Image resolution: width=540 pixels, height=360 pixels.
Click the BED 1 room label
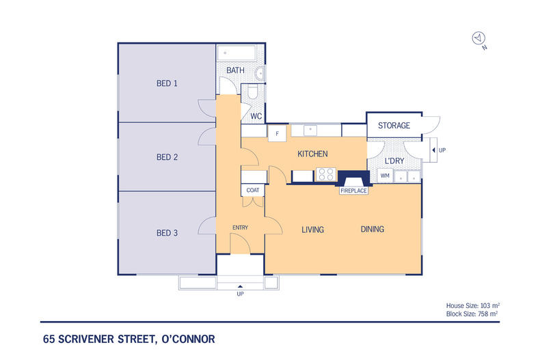[x=167, y=83]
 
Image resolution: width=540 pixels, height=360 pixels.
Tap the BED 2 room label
[x=167, y=157]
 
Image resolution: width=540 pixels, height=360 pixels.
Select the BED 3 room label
[x=167, y=233]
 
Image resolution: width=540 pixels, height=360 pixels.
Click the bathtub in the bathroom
[x=236, y=53]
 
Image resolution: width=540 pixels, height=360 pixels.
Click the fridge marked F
[x=277, y=133]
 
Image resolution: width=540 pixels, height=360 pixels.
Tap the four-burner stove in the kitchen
[x=325, y=174]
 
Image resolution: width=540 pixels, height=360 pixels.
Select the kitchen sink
[x=310, y=129]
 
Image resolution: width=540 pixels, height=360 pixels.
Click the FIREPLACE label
[x=354, y=191]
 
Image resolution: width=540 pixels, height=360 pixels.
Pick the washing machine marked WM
[x=385, y=176]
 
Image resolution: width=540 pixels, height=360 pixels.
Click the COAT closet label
[x=252, y=190]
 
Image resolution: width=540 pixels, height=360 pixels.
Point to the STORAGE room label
[x=394, y=126]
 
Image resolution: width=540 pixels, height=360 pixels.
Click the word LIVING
[x=312, y=230]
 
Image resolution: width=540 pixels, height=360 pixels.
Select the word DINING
[x=372, y=230]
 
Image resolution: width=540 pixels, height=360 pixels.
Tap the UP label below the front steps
[x=239, y=294]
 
